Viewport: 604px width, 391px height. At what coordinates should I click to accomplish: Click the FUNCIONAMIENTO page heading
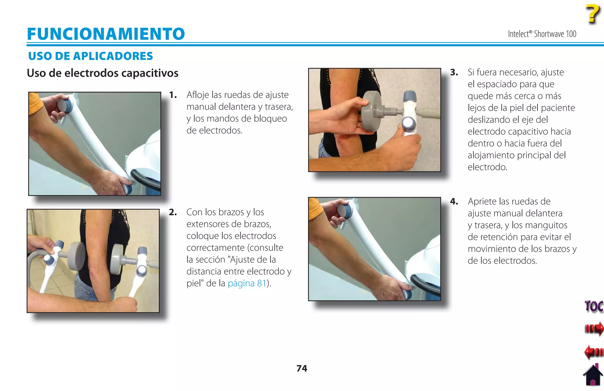tap(106, 34)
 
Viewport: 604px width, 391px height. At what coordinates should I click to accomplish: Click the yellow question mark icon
tap(592, 14)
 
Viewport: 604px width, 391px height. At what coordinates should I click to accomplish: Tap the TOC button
tap(593, 306)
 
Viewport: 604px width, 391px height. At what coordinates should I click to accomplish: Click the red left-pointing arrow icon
tap(593, 352)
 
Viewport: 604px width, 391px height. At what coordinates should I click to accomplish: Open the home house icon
tap(593, 375)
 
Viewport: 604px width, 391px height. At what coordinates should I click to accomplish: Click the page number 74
tap(302, 368)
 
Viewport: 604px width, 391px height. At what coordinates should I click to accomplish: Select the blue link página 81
tap(247, 283)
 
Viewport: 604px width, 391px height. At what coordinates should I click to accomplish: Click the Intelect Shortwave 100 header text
tap(542, 34)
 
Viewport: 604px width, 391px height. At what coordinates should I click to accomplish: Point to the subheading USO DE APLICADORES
tap(90, 56)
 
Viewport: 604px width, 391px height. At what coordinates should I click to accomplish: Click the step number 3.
tap(454, 73)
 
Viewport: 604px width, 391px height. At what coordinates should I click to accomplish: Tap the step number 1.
tap(173, 95)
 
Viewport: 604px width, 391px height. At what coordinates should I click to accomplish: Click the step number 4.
tap(454, 202)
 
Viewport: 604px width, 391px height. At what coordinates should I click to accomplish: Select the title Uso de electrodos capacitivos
tap(102, 73)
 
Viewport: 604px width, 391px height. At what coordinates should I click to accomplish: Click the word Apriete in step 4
tap(482, 202)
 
